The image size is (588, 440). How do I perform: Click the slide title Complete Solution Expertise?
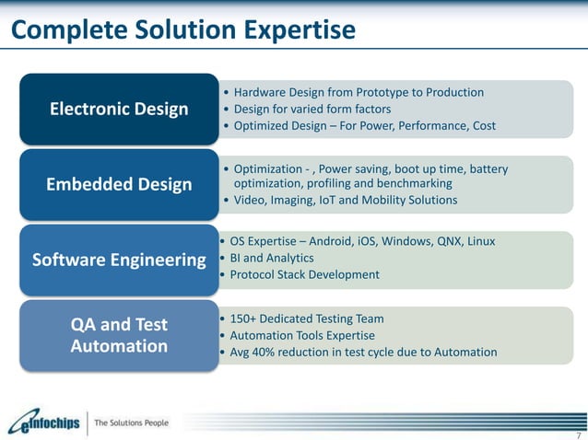(x=182, y=30)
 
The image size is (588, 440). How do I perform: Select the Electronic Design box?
(x=118, y=110)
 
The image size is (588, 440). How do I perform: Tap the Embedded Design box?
(x=119, y=185)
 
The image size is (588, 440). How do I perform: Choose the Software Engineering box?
(x=119, y=261)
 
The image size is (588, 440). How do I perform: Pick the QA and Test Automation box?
(x=119, y=335)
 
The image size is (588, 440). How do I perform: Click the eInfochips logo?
(x=44, y=423)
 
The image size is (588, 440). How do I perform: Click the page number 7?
(x=576, y=434)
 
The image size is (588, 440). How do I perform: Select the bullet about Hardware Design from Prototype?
(x=359, y=92)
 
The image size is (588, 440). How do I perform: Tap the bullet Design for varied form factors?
(x=312, y=109)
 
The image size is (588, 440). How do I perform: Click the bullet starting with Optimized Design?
(x=364, y=125)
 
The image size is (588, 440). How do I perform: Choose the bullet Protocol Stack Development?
(x=304, y=274)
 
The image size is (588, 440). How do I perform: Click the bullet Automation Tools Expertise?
(x=302, y=335)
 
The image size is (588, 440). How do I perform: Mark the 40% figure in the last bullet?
(x=270, y=352)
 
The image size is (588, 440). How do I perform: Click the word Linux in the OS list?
(x=480, y=241)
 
